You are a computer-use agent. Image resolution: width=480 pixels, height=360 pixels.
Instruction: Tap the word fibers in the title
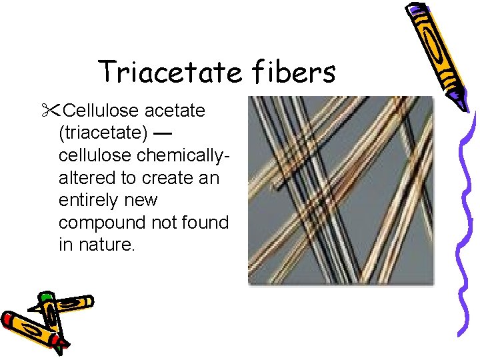291,72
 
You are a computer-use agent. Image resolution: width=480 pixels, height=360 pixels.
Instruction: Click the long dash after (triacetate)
163,133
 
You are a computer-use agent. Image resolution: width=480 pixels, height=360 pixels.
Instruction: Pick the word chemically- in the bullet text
189,155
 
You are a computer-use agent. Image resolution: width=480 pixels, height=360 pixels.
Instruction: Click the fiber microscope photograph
340,191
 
